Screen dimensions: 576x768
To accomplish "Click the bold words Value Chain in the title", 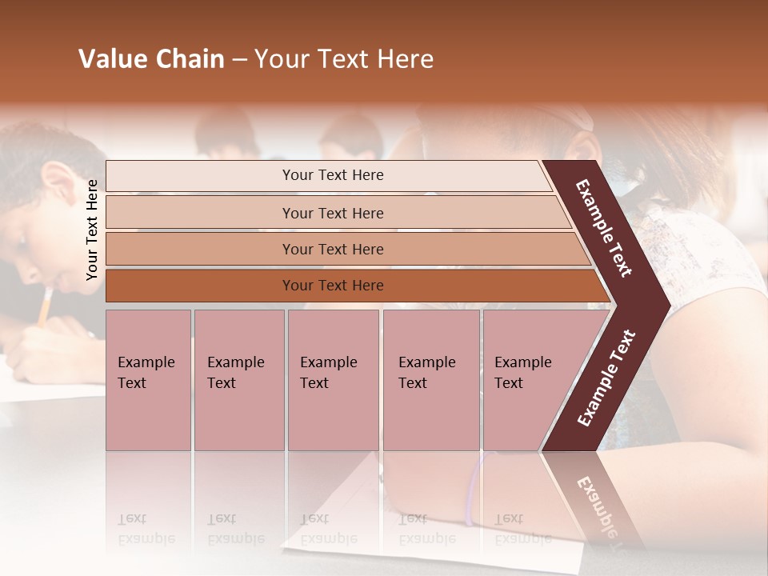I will pyautogui.click(x=151, y=59).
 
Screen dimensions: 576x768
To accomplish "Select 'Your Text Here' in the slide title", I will pyautogui.click(x=344, y=59).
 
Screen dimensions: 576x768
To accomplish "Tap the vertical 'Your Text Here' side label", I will pyautogui.click(x=92, y=230).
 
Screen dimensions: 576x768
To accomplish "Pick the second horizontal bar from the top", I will pyautogui.click(x=332, y=213).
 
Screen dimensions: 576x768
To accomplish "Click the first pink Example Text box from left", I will pyautogui.click(x=148, y=380).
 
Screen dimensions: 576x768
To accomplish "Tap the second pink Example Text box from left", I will pyautogui.click(x=238, y=380).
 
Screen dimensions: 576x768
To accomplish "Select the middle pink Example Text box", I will pyautogui.click(x=333, y=380).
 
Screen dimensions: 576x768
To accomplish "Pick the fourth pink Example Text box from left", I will pyautogui.click(x=430, y=380).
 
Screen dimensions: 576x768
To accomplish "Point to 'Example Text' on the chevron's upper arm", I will pyautogui.click(x=604, y=228).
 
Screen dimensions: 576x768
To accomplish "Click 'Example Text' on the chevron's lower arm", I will pyautogui.click(x=606, y=378).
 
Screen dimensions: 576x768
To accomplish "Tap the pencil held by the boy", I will pyautogui.click(x=45, y=306).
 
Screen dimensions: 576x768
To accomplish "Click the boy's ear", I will pyautogui.click(x=54, y=183).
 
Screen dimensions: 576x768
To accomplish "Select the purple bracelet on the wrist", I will pyautogui.click(x=473, y=490).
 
